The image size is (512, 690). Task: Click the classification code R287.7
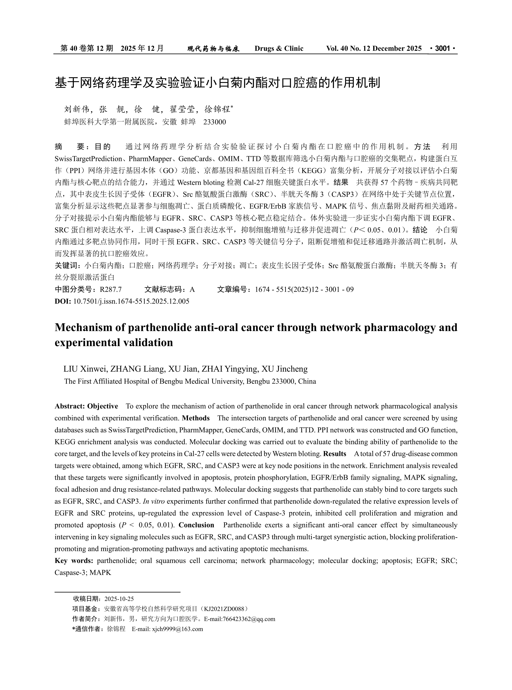point(111,290)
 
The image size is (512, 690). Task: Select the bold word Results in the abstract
point(334,454)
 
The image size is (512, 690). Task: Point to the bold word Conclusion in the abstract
point(196,525)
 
